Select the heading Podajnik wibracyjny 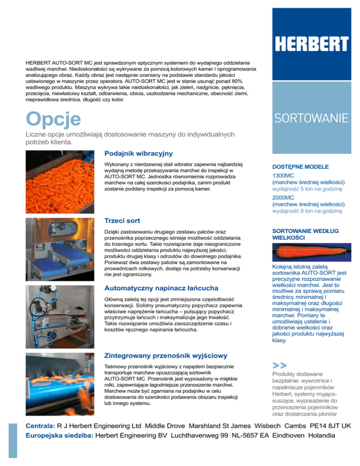[x=139, y=153]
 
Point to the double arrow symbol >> [x=280, y=365]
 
